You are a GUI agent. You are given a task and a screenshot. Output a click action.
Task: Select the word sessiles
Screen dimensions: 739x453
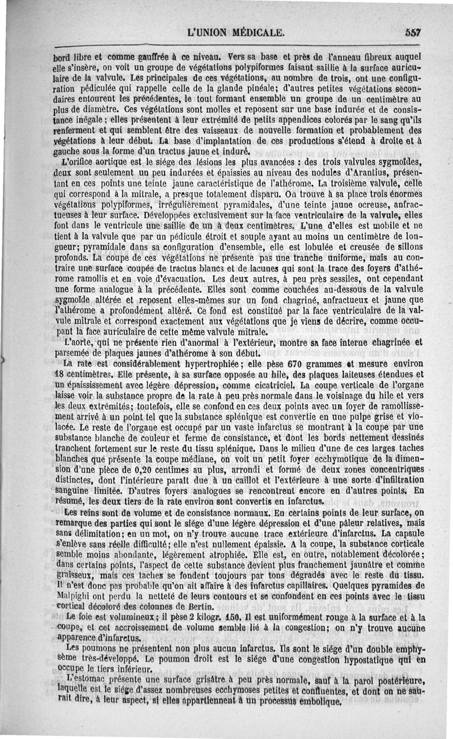324,279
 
